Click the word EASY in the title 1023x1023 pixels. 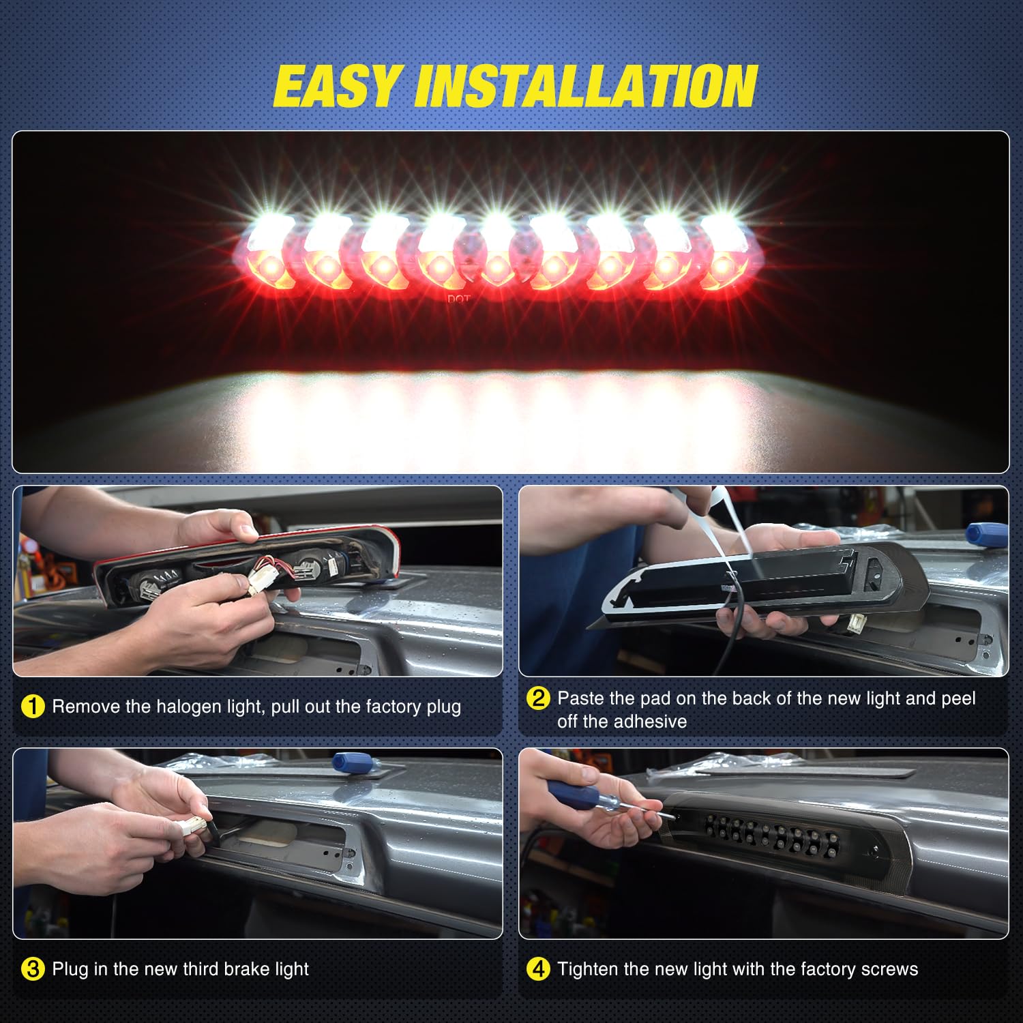point(336,87)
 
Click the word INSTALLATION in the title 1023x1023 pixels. point(586,87)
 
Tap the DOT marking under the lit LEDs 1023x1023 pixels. point(458,299)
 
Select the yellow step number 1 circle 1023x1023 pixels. point(33,707)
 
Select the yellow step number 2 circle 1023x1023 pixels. point(538,698)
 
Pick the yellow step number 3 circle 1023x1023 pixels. point(33,969)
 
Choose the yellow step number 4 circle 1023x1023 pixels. point(538,969)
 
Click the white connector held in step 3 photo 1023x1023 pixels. point(194,826)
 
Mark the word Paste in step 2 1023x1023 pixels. point(580,698)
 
